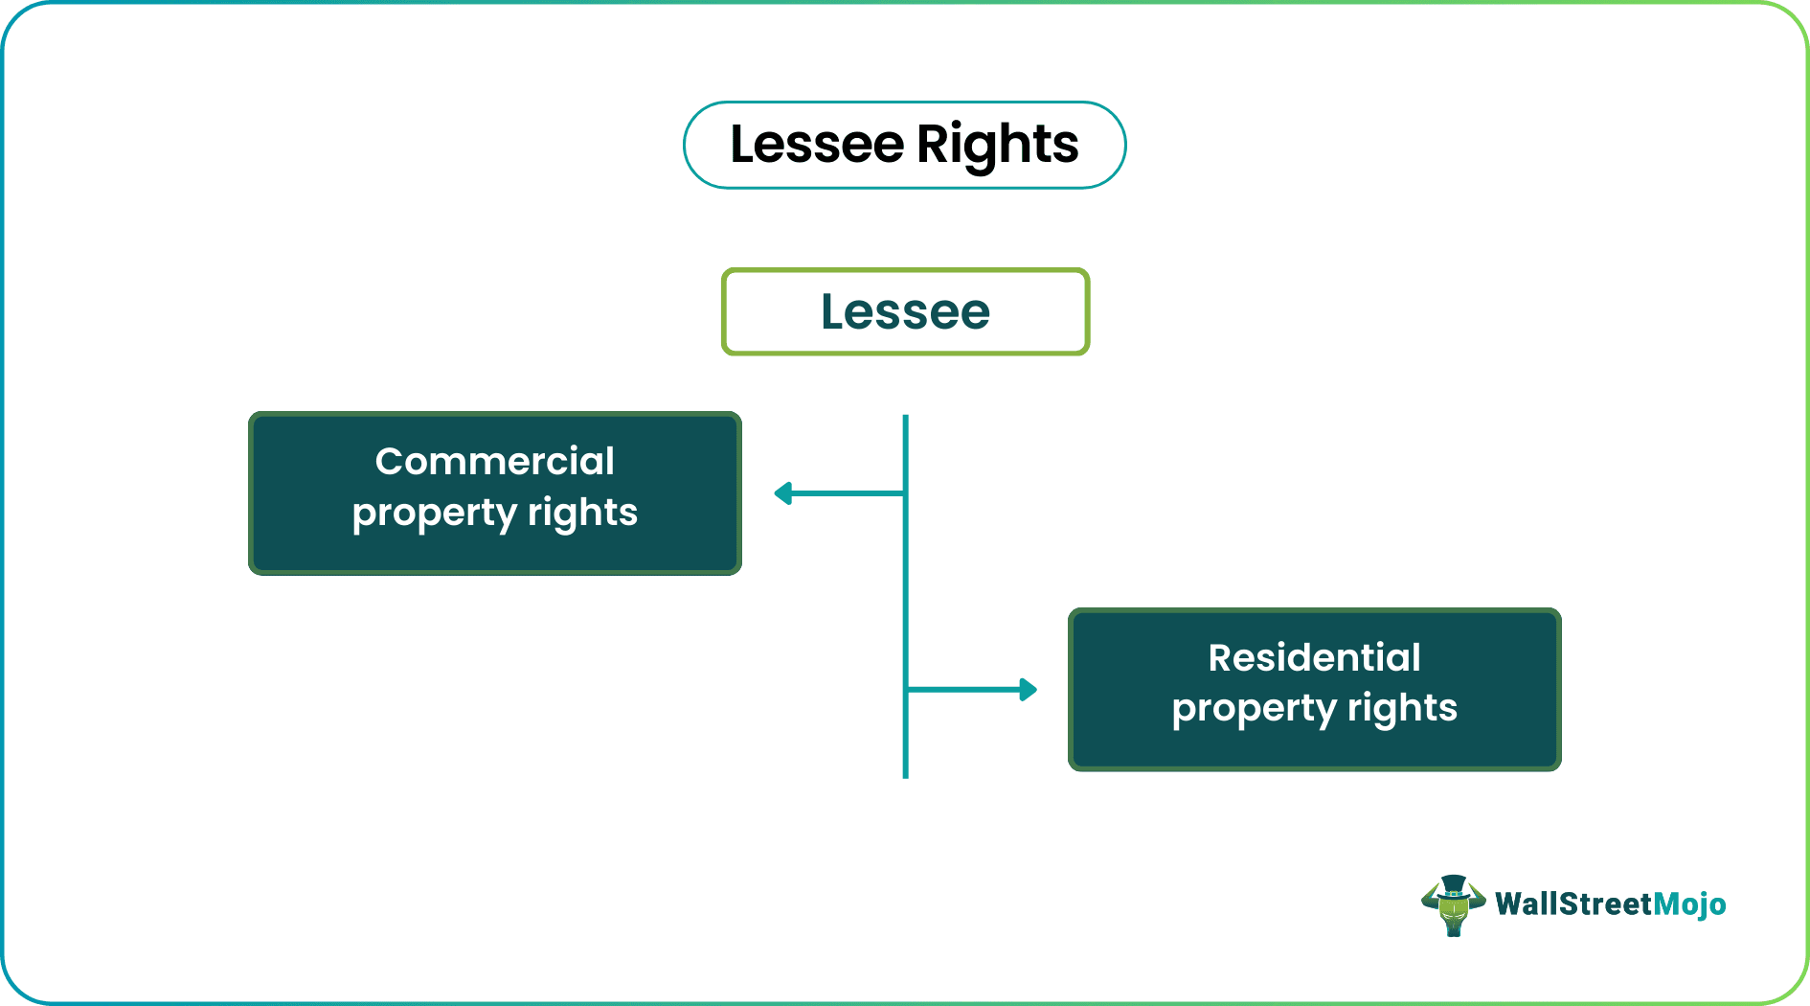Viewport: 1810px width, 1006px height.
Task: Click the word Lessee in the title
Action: point(816,145)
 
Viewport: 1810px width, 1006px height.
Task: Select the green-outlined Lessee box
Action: point(905,312)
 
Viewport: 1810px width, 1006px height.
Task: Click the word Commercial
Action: point(494,462)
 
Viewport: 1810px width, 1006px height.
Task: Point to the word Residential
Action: point(1314,658)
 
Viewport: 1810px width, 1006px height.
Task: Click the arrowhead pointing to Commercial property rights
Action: point(783,493)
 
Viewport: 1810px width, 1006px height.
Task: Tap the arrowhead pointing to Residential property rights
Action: point(1028,690)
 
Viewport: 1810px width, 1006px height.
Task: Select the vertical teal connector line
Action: point(905,594)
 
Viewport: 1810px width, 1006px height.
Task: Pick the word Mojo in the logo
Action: point(1689,903)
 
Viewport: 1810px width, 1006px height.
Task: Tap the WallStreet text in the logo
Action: point(1573,903)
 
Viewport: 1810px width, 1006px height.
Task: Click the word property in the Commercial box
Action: point(434,514)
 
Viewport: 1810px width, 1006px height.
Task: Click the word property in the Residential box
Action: point(1254,709)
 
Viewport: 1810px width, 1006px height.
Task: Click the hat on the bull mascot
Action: point(1454,884)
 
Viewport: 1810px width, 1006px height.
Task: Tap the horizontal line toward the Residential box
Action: point(962,690)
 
